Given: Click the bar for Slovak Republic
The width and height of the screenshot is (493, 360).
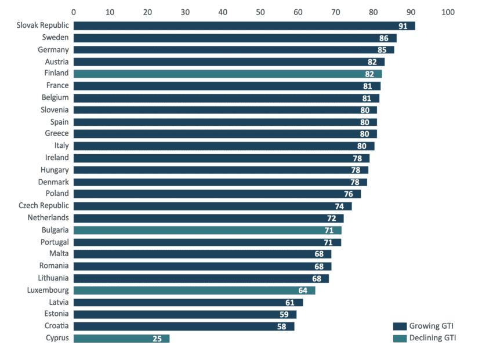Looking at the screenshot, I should [x=244, y=26].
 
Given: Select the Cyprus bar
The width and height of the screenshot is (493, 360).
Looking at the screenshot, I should [x=121, y=338].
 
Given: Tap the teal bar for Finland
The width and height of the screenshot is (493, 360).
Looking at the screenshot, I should [x=227, y=74].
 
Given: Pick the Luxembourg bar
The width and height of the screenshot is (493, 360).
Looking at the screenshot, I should [x=194, y=290].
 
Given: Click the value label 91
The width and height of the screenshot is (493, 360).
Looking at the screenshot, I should [x=403, y=26].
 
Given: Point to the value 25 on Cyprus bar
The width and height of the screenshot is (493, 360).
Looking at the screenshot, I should [x=157, y=339].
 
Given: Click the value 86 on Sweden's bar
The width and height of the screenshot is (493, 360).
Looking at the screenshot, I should [x=383, y=38].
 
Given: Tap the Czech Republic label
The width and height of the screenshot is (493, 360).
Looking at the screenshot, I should [x=43, y=206].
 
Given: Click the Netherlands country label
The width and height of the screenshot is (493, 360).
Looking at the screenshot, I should [x=48, y=218].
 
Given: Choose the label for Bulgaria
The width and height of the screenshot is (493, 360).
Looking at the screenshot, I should [x=55, y=230].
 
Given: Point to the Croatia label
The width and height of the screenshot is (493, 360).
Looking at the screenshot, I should [x=56, y=326].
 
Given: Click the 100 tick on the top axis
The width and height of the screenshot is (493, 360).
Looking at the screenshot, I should [x=448, y=12].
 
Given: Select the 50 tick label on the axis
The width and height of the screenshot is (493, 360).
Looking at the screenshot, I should [x=260, y=12].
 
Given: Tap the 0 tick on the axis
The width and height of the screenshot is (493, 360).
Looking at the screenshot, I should [x=74, y=12].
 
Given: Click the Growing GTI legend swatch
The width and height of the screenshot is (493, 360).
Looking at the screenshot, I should [x=400, y=326].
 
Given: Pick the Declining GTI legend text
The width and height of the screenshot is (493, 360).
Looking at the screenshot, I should [x=433, y=338].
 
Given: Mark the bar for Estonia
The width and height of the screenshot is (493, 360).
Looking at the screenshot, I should [x=185, y=314].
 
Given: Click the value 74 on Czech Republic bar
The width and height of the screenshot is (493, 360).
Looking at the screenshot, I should [x=339, y=206].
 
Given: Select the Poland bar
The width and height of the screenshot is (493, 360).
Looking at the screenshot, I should [x=217, y=194].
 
